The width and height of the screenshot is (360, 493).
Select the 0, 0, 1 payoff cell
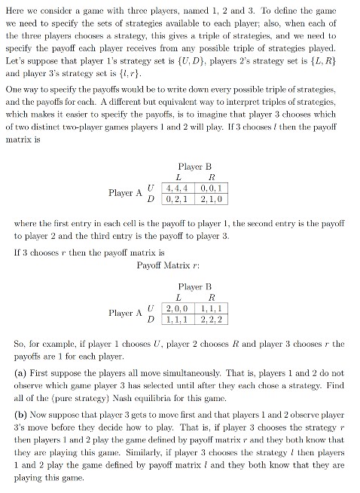tap(211, 186)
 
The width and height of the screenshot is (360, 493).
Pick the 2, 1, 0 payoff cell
tap(211, 198)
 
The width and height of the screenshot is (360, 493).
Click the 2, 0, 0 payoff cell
tap(178, 309)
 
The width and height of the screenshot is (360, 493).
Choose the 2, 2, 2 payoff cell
tap(211, 320)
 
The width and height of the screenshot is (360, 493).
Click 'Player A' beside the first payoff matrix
tap(125, 192)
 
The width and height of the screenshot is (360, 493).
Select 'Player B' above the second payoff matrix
tap(195, 286)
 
